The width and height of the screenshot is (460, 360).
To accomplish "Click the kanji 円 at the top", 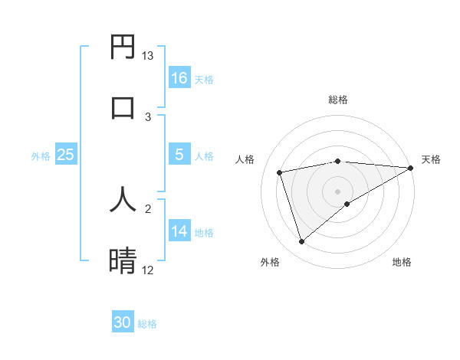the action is point(123,47).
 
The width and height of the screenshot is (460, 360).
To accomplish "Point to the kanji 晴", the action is point(123,260).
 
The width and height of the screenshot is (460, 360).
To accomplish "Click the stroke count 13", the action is point(148,56).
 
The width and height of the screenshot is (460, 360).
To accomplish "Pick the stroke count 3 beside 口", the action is point(148,116).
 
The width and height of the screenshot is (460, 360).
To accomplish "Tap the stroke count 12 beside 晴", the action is point(148,270).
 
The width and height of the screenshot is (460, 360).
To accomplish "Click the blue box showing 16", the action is point(179,78).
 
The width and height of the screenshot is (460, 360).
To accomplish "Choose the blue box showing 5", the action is point(179,155).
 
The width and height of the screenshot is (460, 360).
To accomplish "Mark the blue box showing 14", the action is point(179,231).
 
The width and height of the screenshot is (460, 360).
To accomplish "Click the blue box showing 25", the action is point(66,155).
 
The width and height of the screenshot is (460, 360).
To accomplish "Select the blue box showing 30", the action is point(123,322).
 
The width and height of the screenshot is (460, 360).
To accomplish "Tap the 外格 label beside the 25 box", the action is point(41,155).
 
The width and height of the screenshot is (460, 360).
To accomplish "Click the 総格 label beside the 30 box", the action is point(147,324).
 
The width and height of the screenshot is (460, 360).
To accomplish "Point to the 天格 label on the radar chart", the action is point(432,159).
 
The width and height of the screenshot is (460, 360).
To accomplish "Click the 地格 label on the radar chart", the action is point(402,262).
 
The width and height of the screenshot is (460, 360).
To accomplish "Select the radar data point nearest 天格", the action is point(410,168).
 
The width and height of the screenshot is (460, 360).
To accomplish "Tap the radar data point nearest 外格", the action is point(301,242).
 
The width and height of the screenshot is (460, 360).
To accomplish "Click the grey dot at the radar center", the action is point(337,191).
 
